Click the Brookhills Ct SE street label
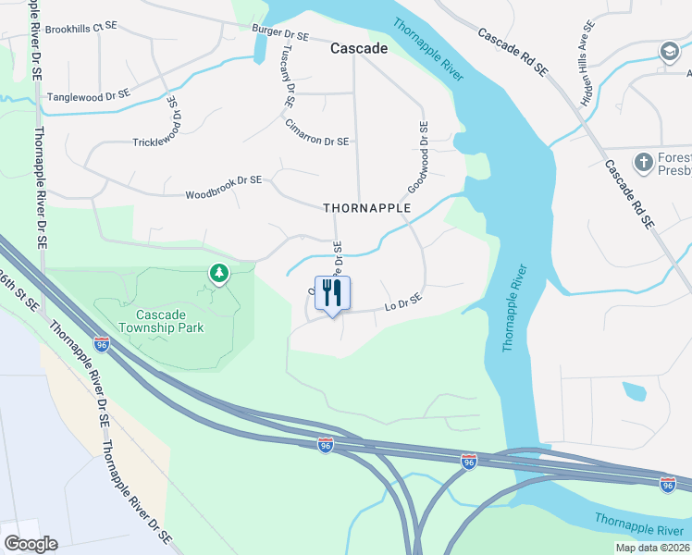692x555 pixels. click(81, 29)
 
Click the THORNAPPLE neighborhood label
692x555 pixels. click(367, 208)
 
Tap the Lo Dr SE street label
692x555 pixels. click(402, 302)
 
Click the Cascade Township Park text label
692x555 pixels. click(162, 320)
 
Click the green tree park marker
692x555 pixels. click(218, 273)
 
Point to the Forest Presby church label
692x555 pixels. click(674, 164)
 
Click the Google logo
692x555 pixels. click(31, 544)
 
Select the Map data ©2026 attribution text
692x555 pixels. click(652, 548)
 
